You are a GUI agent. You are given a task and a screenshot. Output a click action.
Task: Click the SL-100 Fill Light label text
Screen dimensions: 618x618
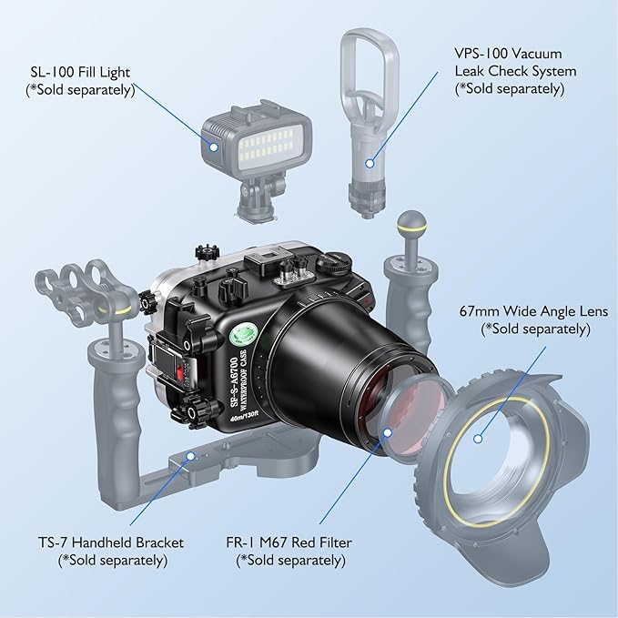81,71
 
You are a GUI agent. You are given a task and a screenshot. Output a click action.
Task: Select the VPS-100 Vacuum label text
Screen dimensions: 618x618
514,53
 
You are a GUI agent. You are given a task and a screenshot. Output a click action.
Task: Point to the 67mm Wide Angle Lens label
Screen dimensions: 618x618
532,311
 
